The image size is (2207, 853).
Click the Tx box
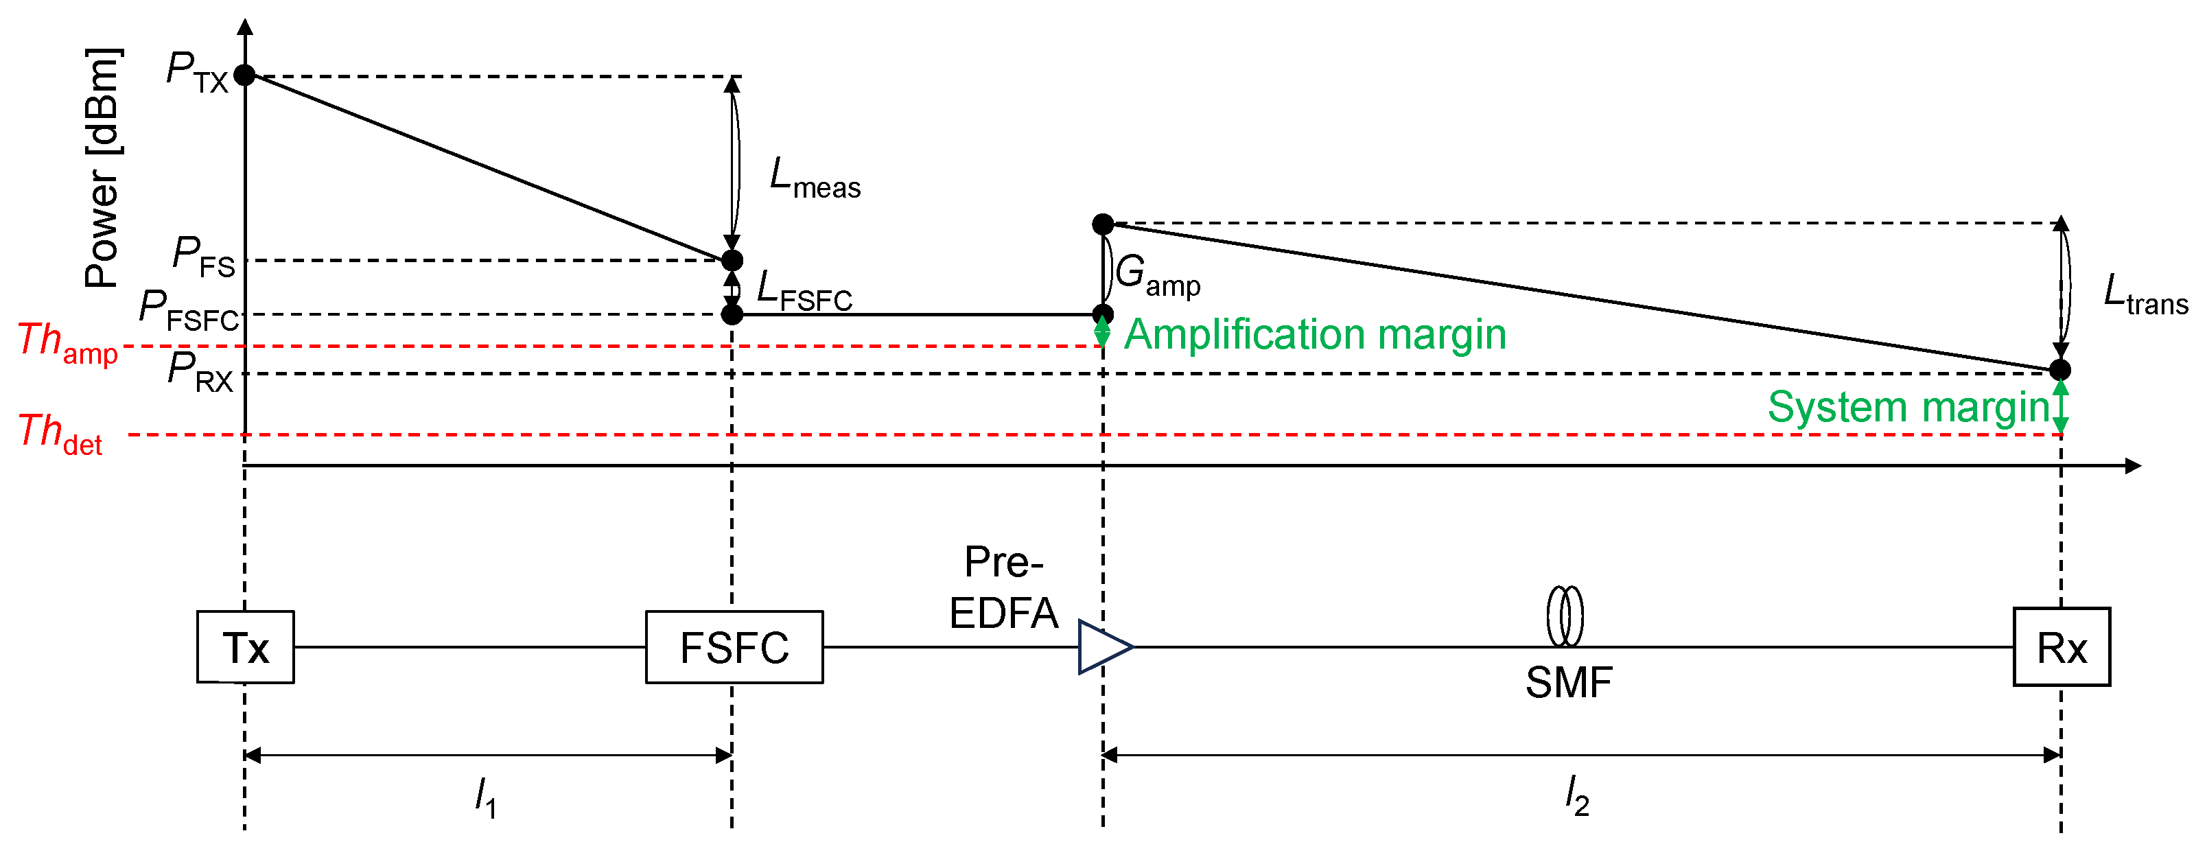245,646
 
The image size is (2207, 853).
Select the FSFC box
734,646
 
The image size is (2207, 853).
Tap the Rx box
2062,646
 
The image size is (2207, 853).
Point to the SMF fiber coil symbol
1565,616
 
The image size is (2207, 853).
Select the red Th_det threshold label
60,433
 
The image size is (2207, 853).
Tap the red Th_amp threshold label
67,342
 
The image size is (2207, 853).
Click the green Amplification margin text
1314,334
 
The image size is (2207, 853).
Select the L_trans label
2145,294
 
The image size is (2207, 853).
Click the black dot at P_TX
245,75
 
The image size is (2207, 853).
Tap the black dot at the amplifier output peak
1103,224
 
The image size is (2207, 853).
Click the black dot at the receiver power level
2059,370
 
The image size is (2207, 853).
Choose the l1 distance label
486,797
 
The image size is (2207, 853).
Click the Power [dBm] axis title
103,168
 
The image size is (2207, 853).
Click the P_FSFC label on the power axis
189,310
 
